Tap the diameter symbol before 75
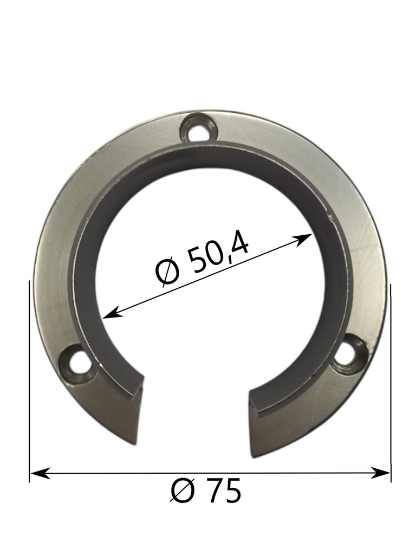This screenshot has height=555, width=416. click(x=183, y=492)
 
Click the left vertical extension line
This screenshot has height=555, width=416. click(x=29, y=379)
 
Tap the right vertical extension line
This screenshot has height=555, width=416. click(x=391, y=379)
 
